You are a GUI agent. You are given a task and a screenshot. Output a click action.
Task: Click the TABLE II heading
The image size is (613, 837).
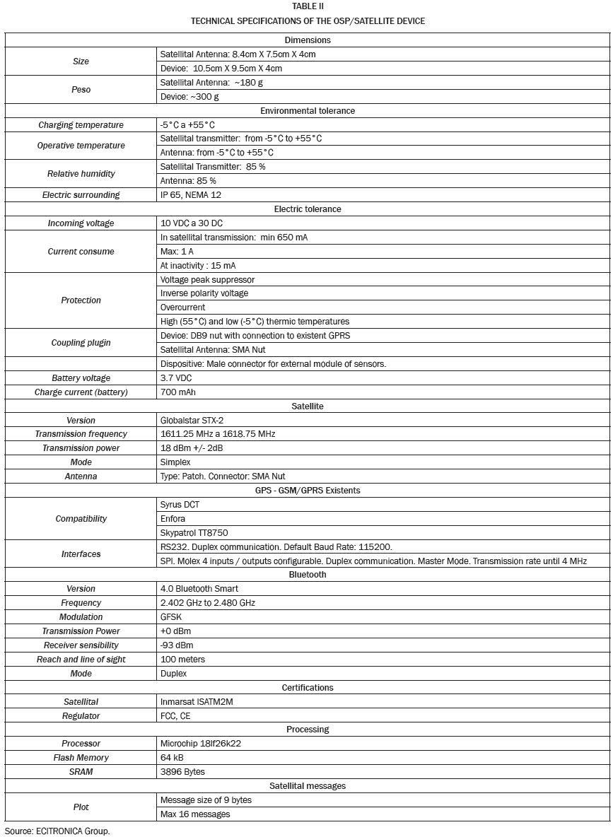click(x=308, y=6)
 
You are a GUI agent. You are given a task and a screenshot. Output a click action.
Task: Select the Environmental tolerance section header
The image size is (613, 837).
click(x=308, y=111)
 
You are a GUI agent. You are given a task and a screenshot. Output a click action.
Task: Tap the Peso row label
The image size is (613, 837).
click(x=81, y=90)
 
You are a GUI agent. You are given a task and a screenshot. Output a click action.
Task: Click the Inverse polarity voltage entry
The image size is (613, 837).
click(x=204, y=293)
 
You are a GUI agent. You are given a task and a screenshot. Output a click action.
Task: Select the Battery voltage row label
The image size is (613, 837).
click(x=81, y=378)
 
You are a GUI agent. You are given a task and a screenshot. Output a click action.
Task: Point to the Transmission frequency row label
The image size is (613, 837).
click(x=81, y=434)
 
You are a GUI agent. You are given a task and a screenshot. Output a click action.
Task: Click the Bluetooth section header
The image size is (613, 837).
click(x=308, y=575)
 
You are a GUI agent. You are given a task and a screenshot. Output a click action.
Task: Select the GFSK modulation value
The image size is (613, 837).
click(x=172, y=617)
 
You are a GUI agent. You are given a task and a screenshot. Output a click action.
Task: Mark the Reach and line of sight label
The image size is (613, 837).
click(x=81, y=660)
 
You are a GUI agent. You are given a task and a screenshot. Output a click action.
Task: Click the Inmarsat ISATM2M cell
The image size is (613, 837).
click(x=201, y=702)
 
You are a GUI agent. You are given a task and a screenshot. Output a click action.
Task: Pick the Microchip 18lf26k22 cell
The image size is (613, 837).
click(x=202, y=744)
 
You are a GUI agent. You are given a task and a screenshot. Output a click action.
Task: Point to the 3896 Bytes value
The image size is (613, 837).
click(x=182, y=772)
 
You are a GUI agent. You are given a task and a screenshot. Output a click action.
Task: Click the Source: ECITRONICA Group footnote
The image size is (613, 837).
click(x=57, y=831)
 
